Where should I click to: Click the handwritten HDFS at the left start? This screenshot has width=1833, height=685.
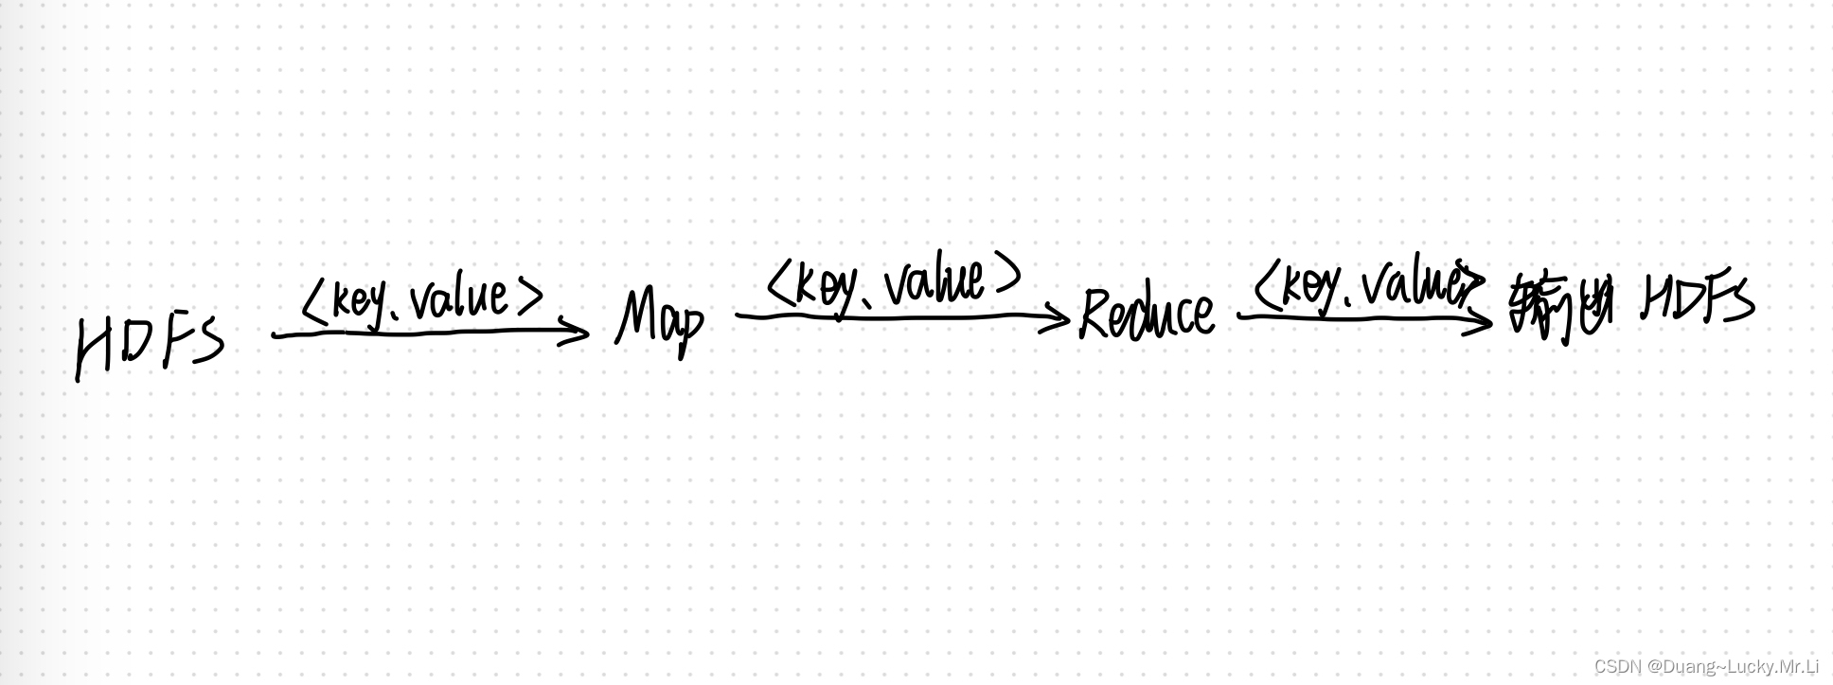150,346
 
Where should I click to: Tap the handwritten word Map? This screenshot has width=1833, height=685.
660,322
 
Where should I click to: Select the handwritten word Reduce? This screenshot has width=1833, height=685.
1147,314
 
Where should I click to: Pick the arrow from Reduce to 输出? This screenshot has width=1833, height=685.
1363,317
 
